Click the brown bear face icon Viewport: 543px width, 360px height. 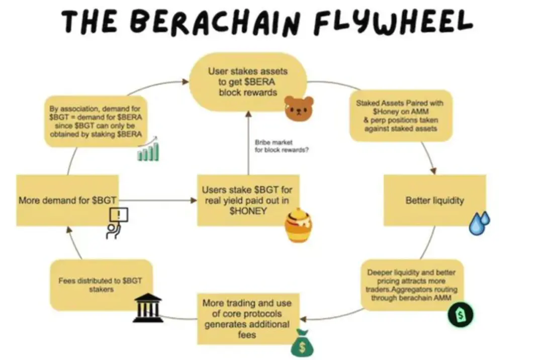click(299, 108)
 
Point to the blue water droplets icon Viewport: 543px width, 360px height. click(479, 223)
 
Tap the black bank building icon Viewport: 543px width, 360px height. click(148, 308)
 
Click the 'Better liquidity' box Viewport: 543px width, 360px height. click(434, 200)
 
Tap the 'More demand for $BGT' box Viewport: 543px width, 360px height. click(67, 200)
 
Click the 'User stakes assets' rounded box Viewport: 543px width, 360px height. click(247, 81)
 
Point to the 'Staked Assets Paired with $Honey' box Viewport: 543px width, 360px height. click(400, 116)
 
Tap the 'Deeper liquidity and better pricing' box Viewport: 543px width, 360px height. click(411, 285)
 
